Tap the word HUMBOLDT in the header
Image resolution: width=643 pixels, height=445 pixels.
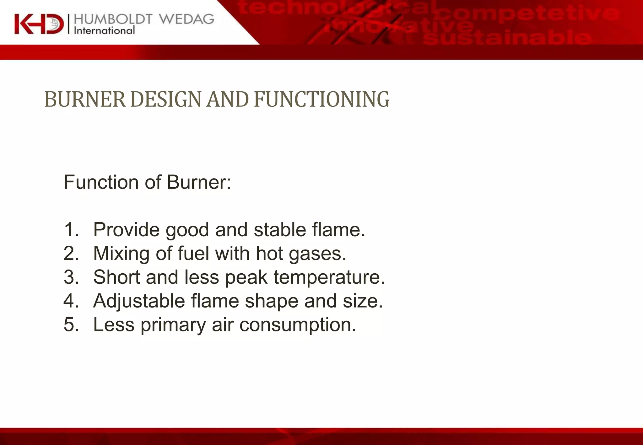pos(113,19)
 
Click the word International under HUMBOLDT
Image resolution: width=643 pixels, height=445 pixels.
pos(104,31)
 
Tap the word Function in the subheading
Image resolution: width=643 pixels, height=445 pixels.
pos(101,182)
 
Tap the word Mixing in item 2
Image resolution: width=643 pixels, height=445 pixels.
pos(121,254)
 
